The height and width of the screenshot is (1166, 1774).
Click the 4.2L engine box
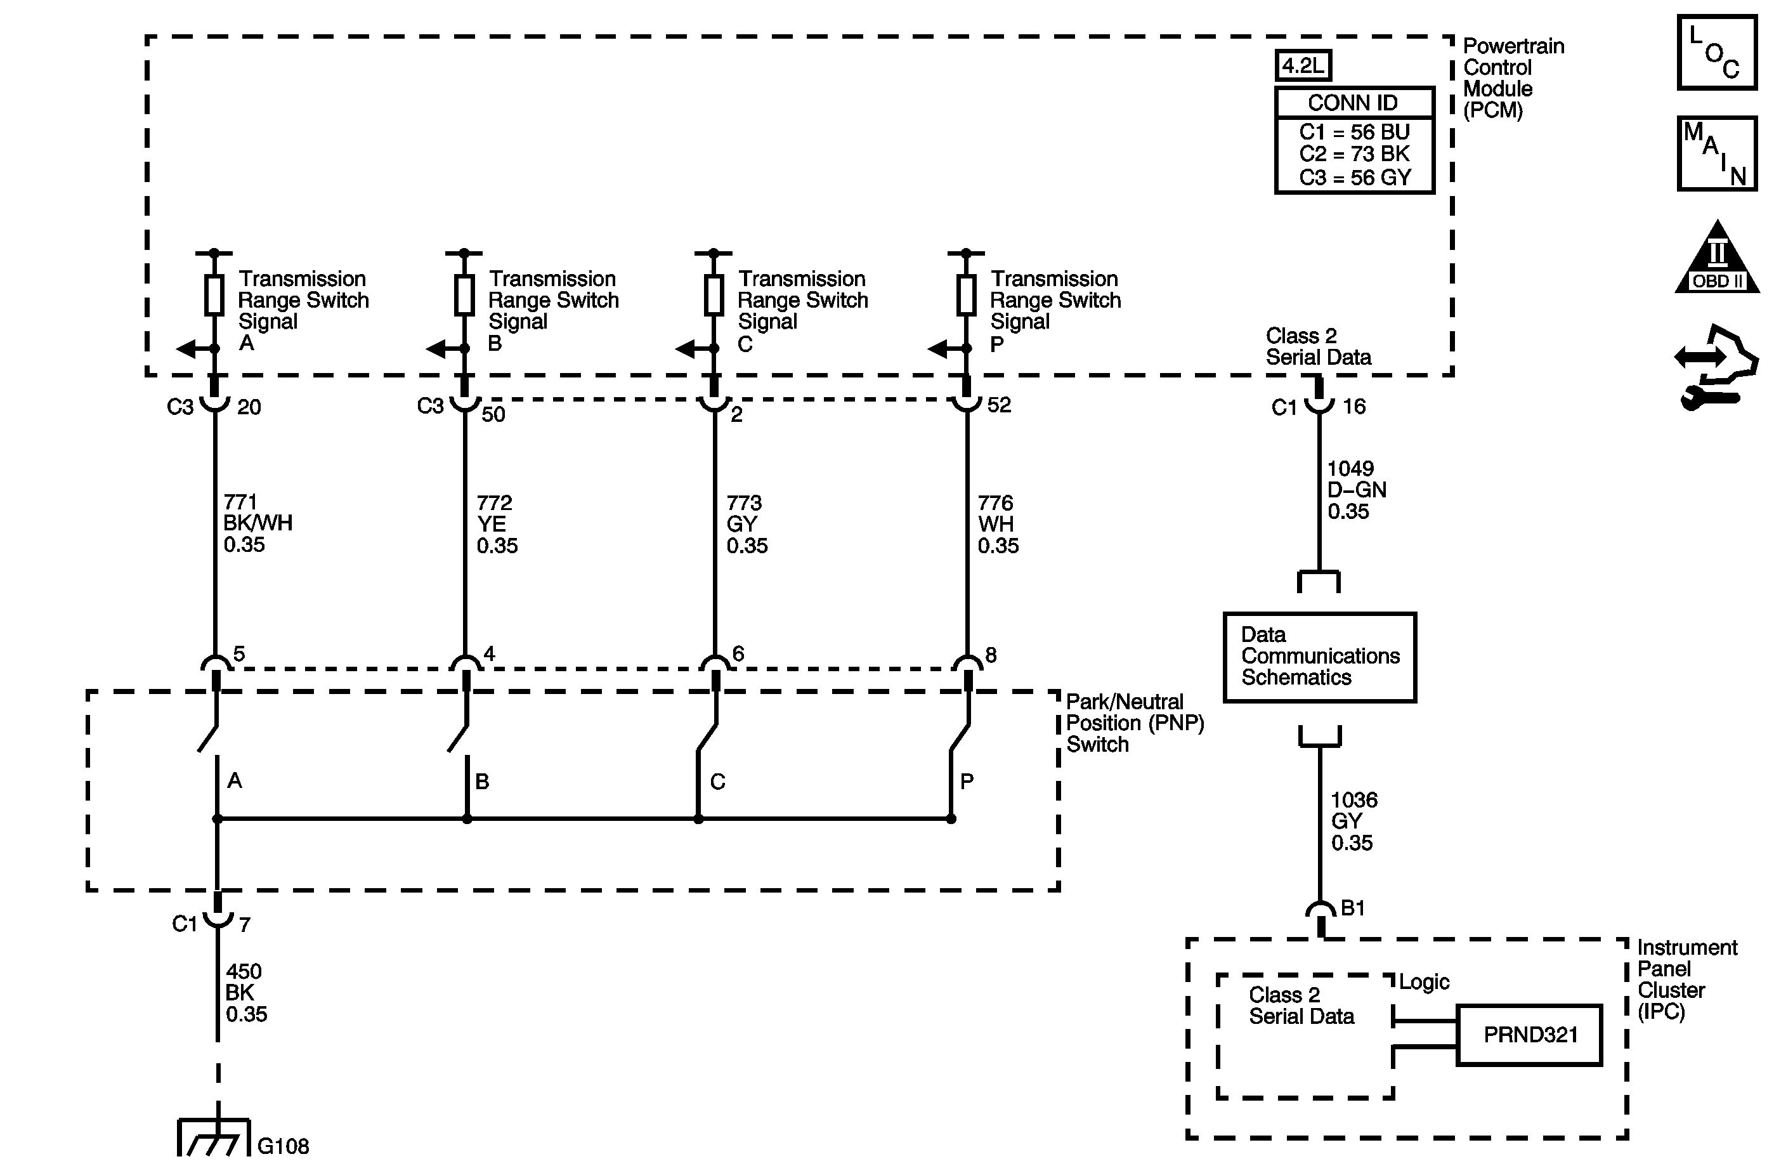1302,65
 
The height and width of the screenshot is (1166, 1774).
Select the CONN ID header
1353,103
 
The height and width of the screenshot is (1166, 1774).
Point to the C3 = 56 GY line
1354,178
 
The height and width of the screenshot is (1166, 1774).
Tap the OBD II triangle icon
1718,259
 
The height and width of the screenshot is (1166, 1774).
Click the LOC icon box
1718,53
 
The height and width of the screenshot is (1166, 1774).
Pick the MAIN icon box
1718,154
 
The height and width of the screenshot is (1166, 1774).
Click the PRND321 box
1530,1035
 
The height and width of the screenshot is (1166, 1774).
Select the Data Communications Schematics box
1319,657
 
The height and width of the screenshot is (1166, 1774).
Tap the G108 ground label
284,1145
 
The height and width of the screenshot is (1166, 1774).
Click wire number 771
240,502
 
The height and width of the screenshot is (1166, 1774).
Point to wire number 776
995,503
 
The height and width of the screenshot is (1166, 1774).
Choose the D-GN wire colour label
1357,490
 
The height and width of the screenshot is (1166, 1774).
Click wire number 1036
1353,800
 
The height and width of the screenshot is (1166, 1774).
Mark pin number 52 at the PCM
999,405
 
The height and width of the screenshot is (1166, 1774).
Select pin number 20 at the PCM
249,407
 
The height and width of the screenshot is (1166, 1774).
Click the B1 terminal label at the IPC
1352,908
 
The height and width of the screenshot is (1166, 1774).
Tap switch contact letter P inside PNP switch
967,782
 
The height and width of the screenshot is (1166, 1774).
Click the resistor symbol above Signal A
214,295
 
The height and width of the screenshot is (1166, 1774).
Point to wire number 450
244,971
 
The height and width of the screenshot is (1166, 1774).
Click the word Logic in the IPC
1424,982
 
